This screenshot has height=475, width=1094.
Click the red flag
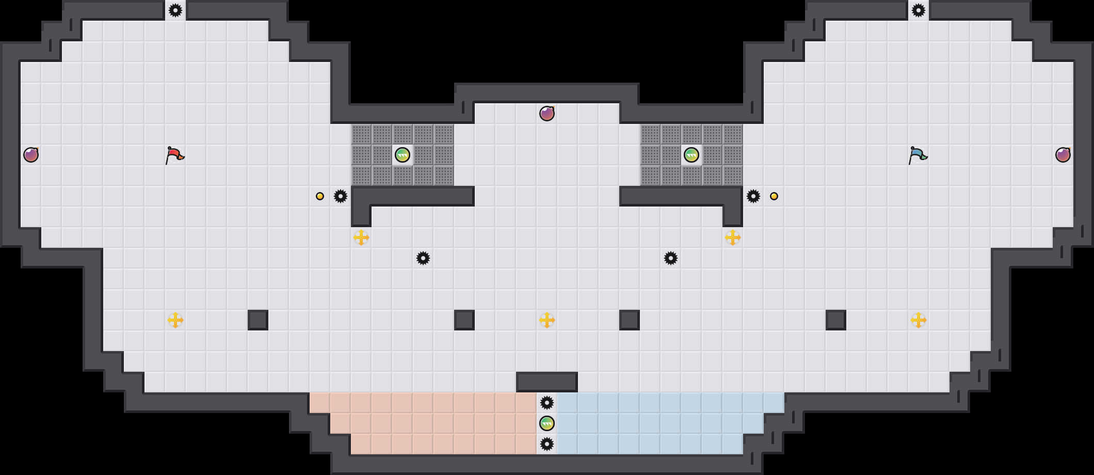click(174, 155)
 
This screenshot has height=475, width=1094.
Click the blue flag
click(918, 155)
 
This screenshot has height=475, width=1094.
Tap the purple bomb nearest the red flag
click(31, 155)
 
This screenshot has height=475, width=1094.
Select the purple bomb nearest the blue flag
click(1063, 155)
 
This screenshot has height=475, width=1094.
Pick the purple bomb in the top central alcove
click(547, 114)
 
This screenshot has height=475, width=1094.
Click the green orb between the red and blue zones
click(547, 423)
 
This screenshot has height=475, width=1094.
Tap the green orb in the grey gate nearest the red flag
click(403, 155)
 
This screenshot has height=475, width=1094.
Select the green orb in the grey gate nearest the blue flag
click(691, 155)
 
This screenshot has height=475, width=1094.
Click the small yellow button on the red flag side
click(320, 196)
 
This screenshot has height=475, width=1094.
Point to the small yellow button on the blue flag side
click(774, 196)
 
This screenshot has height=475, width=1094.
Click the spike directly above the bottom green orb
click(547, 403)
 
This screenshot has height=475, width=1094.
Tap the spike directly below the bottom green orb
click(547, 444)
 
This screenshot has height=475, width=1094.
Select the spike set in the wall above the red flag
click(175, 10)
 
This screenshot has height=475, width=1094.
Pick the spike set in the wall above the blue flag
click(919, 10)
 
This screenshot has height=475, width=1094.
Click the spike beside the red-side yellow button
click(341, 196)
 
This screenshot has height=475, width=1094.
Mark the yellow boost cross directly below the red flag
click(175, 320)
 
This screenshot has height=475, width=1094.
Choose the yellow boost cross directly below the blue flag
click(919, 320)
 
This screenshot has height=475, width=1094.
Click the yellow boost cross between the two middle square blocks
click(547, 320)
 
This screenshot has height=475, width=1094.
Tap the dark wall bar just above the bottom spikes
click(547, 382)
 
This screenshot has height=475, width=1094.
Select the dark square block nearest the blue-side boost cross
click(836, 320)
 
